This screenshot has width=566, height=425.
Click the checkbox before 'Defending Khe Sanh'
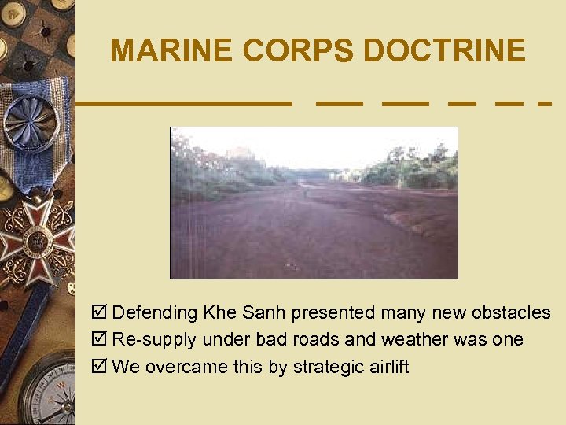(x=100, y=312)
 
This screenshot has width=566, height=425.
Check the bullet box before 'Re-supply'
(x=100, y=340)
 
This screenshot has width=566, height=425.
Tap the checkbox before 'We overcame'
(x=100, y=368)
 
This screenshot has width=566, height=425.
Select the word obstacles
(x=511, y=312)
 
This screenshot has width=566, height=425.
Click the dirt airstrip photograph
(x=314, y=203)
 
